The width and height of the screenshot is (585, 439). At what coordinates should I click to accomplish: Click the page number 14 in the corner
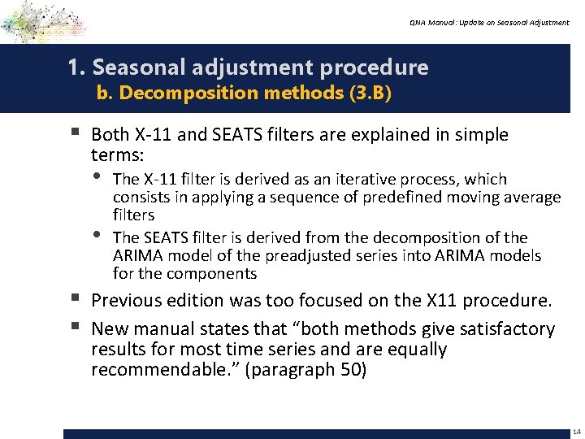(576, 431)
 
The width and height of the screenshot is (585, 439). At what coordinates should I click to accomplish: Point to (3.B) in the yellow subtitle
(370, 93)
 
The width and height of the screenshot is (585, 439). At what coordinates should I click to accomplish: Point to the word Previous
(126, 301)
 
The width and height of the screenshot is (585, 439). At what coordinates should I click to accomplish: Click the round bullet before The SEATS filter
(98, 237)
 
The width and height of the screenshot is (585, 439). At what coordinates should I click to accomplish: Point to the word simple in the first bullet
(483, 135)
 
